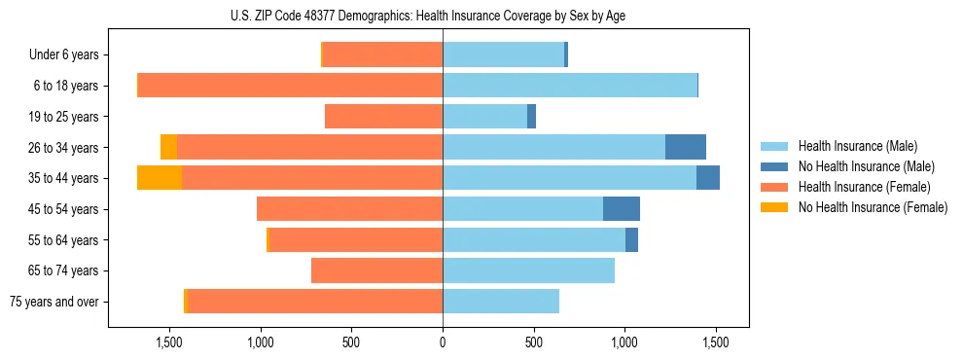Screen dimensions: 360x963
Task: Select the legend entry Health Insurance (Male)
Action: coord(857,146)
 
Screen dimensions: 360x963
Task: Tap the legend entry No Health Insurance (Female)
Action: coord(873,207)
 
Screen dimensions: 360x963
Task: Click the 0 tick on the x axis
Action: coord(443,342)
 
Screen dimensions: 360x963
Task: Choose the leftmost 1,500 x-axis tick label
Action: coord(169,342)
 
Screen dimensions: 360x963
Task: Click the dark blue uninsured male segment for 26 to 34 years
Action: coord(685,147)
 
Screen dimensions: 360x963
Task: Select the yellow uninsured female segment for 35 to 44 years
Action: coord(160,178)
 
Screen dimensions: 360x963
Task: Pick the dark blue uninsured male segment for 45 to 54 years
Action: coord(621,209)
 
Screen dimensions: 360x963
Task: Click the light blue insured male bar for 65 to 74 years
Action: coord(528,270)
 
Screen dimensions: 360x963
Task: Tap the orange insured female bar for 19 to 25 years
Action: coord(383,117)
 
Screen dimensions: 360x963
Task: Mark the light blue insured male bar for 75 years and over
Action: coord(501,302)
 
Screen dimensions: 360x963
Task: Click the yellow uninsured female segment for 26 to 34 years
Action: coord(168,147)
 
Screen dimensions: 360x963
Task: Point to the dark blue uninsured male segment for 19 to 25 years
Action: coord(531,117)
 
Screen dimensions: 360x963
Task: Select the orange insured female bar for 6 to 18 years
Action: coord(290,86)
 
